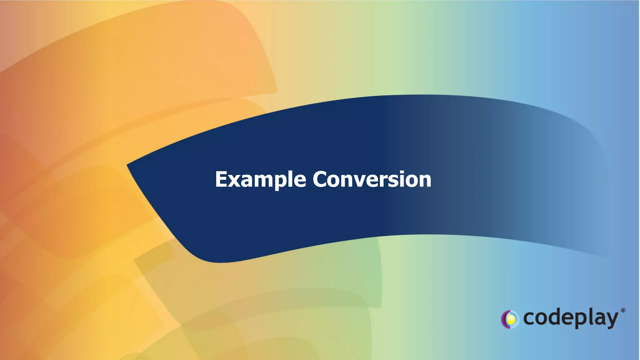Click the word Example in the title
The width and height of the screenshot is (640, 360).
tap(260, 180)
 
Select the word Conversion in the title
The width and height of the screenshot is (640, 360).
tap(372, 180)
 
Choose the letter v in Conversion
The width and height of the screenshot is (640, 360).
tap(362, 181)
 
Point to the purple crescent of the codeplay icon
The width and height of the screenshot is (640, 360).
tap(504, 319)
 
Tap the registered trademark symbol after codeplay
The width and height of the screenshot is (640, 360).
tap(623, 310)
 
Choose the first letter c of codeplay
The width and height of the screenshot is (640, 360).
tap(529, 319)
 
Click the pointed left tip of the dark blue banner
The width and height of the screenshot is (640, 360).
tap(128, 165)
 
